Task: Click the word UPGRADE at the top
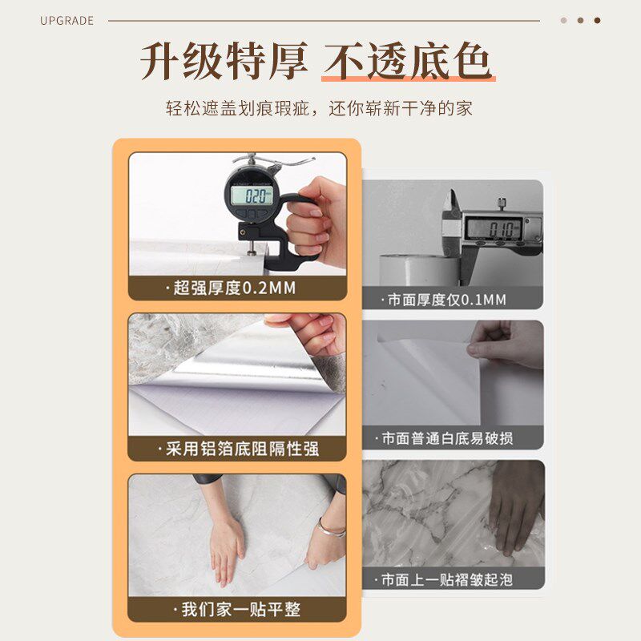(67, 21)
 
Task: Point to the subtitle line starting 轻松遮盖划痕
(320, 107)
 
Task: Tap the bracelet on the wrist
(331, 527)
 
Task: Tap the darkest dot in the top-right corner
(597, 21)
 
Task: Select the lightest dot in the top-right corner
(563, 21)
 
